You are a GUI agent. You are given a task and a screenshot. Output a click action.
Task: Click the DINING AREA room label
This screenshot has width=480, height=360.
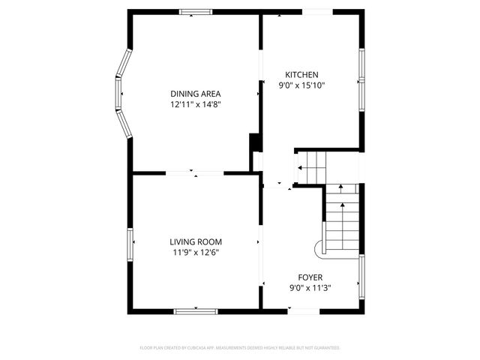[195, 93]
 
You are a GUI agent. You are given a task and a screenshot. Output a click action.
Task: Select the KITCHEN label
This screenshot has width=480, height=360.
[301, 74]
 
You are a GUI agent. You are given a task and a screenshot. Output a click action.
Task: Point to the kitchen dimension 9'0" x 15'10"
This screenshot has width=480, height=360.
[304, 85]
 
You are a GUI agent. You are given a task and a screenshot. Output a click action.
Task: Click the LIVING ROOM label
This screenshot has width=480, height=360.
[195, 241]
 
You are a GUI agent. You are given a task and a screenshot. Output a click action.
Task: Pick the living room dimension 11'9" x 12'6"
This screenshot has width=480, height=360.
[195, 253]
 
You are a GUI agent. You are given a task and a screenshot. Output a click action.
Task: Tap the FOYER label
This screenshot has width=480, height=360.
[310, 277]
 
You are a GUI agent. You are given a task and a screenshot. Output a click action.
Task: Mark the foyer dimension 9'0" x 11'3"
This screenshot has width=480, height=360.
[310, 288]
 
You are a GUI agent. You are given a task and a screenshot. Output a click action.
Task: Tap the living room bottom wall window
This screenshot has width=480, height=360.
[196, 310]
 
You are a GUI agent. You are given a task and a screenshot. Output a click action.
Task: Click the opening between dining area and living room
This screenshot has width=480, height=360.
[195, 173]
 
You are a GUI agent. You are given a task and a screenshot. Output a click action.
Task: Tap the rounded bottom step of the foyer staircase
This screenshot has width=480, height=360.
[318, 247]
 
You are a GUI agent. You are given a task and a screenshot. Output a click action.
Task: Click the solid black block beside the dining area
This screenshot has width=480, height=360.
[255, 142]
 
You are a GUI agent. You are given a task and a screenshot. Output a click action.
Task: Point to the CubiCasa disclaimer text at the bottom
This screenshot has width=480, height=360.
[240, 348]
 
